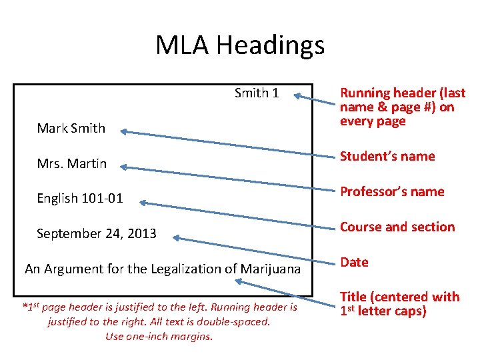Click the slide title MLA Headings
(240, 45)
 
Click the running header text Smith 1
(257, 93)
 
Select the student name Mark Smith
(71, 129)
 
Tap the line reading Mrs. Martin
(71, 163)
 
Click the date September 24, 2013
(97, 234)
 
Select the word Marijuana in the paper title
(270, 269)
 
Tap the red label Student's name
(387, 157)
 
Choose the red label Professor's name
(392, 192)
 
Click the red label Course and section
(397, 227)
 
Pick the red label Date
(354, 263)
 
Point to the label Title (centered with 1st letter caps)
(399, 304)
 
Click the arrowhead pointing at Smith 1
(298, 96)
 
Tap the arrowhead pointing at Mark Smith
(124, 132)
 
